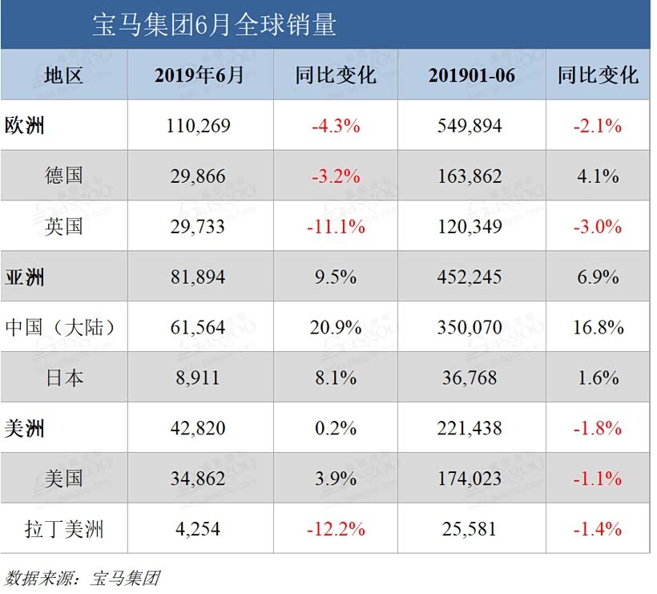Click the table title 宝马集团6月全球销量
pos(214,26)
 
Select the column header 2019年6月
pos(199,75)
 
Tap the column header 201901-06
pos(471,75)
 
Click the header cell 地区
pos(64,75)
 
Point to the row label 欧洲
pos(25,126)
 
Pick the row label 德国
pos(64,176)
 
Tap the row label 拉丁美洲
pos(64,529)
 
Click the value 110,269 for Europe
pos(199,126)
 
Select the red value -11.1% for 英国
pos(336,227)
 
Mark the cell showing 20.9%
pos(336,328)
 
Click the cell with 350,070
pos(471,328)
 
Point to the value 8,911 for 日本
pos(199,378)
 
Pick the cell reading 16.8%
pos(599,328)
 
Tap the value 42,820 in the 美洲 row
pos(199,428)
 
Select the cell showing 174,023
pos(471,479)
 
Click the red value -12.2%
pos(336,529)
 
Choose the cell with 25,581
pos(471,529)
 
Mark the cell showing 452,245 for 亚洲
pos(471,277)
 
